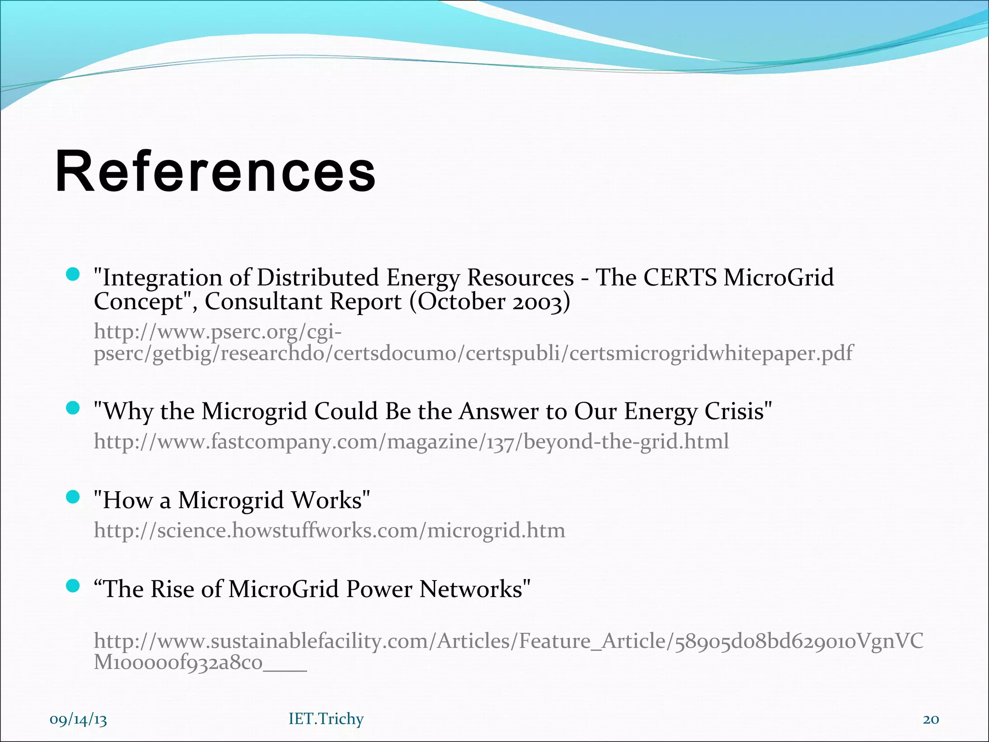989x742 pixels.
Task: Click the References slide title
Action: (x=215, y=171)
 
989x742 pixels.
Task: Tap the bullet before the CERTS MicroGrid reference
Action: (x=73, y=275)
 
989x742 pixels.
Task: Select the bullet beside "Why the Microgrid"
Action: (x=73, y=409)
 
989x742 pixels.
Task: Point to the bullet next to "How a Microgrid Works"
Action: (x=73, y=497)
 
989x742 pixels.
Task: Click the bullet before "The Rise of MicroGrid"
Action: (x=73, y=586)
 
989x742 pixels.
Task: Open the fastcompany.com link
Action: (x=411, y=442)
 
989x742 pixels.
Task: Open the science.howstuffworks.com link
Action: (x=329, y=530)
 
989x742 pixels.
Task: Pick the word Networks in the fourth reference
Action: (x=471, y=589)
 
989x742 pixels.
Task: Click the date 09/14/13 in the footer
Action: (x=78, y=719)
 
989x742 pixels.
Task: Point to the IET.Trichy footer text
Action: (x=326, y=719)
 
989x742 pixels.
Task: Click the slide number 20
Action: (x=931, y=719)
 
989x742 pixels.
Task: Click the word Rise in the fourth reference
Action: (x=172, y=589)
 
